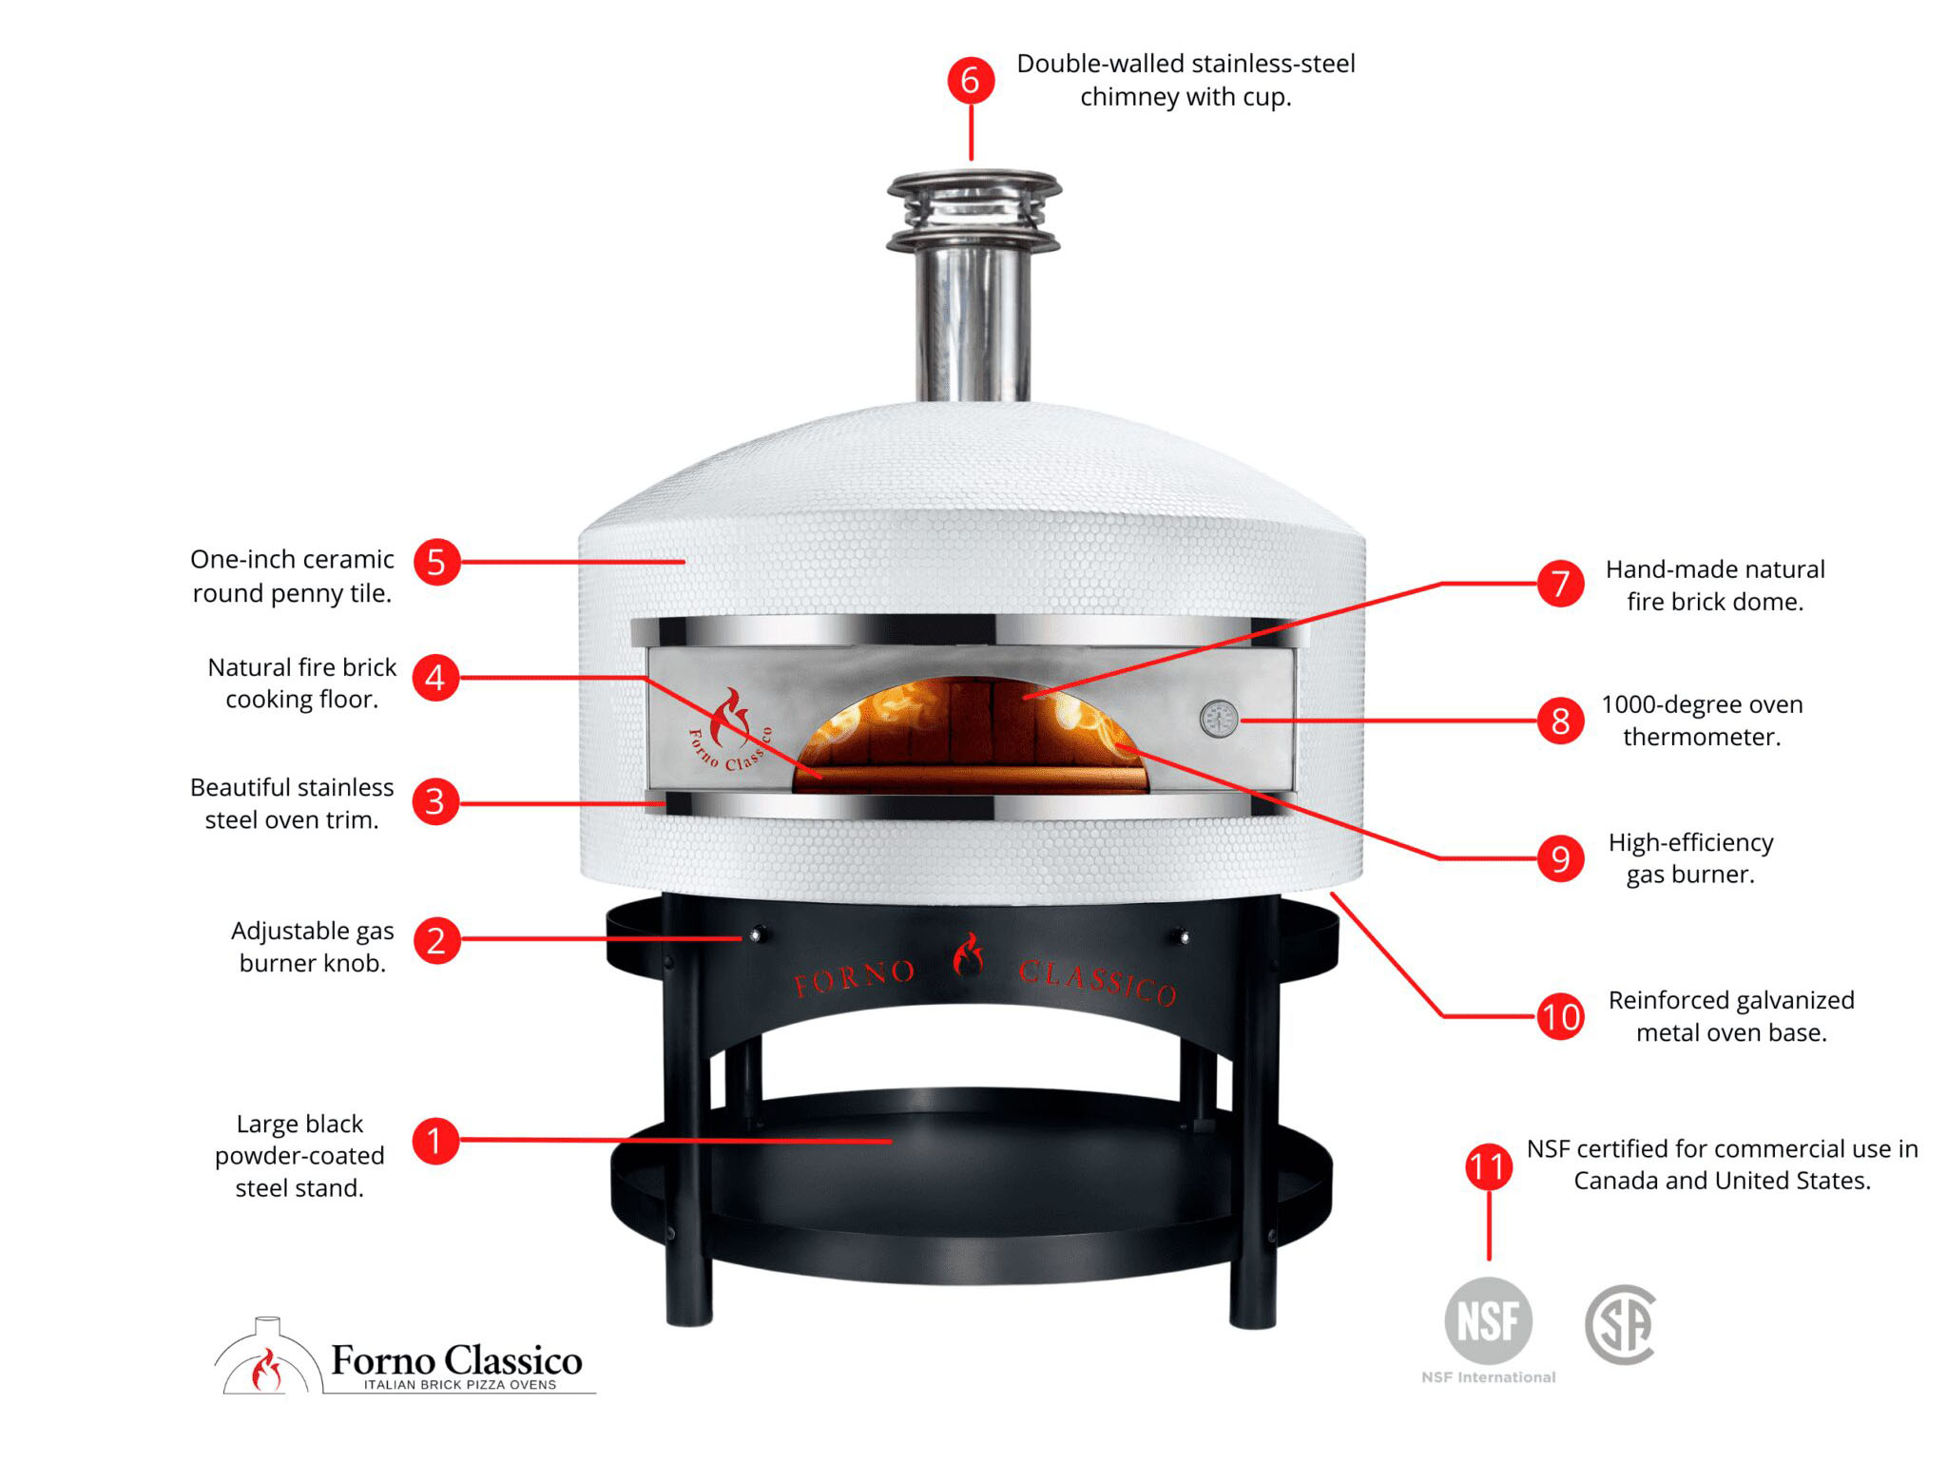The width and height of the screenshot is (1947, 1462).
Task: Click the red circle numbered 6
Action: (971, 80)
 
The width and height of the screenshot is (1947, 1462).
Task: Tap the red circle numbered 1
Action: (435, 1140)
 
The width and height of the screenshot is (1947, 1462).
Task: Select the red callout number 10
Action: (1560, 1017)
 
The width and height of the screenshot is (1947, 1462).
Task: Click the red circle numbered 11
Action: (1489, 1166)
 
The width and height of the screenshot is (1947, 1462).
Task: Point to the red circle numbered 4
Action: (435, 678)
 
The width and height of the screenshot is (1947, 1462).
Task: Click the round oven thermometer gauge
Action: (1219, 720)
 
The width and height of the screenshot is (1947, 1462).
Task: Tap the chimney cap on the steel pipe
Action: (973, 211)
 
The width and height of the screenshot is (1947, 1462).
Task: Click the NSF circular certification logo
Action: (1488, 1320)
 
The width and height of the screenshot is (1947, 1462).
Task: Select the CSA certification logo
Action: (1621, 1324)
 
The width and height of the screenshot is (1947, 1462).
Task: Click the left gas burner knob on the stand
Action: (757, 935)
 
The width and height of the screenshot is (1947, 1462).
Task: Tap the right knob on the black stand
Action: (1183, 937)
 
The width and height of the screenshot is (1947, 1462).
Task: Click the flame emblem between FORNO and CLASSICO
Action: (968, 956)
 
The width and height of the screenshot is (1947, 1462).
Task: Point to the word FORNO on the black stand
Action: (855, 977)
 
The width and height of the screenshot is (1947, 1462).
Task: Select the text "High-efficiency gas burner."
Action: (1690, 858)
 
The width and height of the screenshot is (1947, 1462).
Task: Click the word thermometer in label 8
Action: (1702, 737)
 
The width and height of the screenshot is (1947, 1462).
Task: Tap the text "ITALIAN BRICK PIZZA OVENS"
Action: (459, 1385)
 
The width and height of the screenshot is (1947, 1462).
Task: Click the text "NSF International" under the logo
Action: (1489, 1377)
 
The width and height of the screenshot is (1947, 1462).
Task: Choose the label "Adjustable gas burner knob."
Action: (312, 947)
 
